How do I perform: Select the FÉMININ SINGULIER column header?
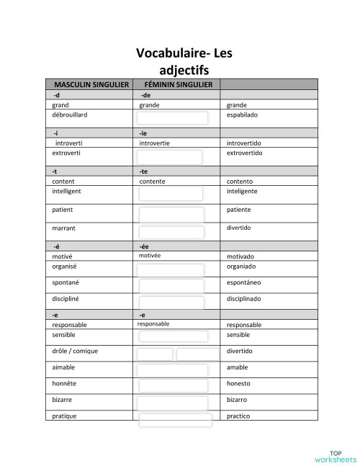pos(178,85)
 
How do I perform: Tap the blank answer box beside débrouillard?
pos(173,117)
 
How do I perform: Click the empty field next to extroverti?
pos(170,156)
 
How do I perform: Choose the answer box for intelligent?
pos(170,194)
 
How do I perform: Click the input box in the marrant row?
pos(172,232)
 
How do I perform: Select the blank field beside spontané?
pos(172,285)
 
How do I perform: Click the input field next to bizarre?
pos(173,402)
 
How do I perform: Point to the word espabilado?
pos(242,115)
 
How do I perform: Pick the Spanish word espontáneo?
pos(243,283)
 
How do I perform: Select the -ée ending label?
pos(145,246)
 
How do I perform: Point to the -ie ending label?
pos(144,133)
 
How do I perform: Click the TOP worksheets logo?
pos(335,455)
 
